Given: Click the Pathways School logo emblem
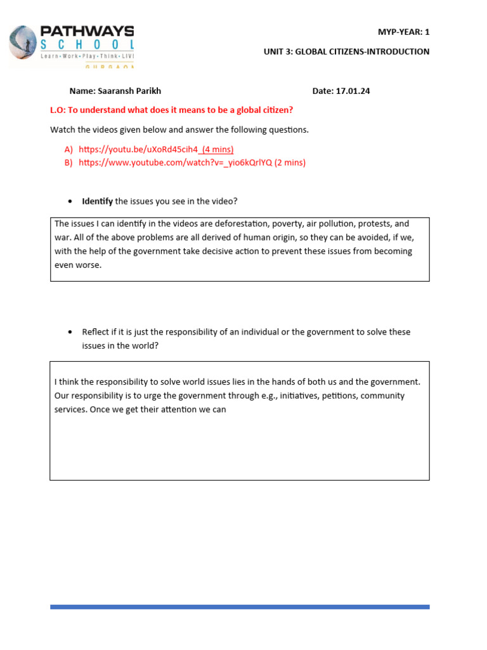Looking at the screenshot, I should (22, 46).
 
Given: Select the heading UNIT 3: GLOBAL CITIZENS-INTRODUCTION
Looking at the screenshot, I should (346, 51).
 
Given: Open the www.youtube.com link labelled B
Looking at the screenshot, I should (175, 162).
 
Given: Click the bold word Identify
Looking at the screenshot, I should (97, 201).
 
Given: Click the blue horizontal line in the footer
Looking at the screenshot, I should (240, 607).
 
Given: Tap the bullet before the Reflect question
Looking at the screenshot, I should (70, 332).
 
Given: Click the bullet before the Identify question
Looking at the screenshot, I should (70, 202).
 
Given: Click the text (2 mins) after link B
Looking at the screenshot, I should (290, 162).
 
